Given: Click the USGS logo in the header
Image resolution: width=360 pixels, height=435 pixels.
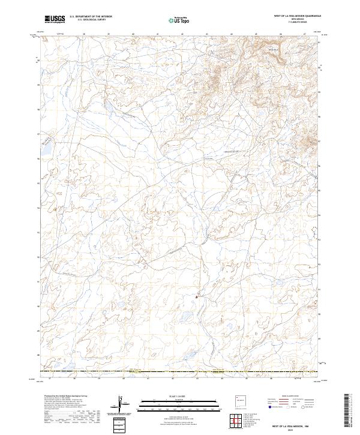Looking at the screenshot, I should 55,19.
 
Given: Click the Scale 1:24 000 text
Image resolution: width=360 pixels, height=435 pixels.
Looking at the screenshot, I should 179,395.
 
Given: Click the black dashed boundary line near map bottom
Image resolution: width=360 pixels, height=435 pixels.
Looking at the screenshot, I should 180,372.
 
